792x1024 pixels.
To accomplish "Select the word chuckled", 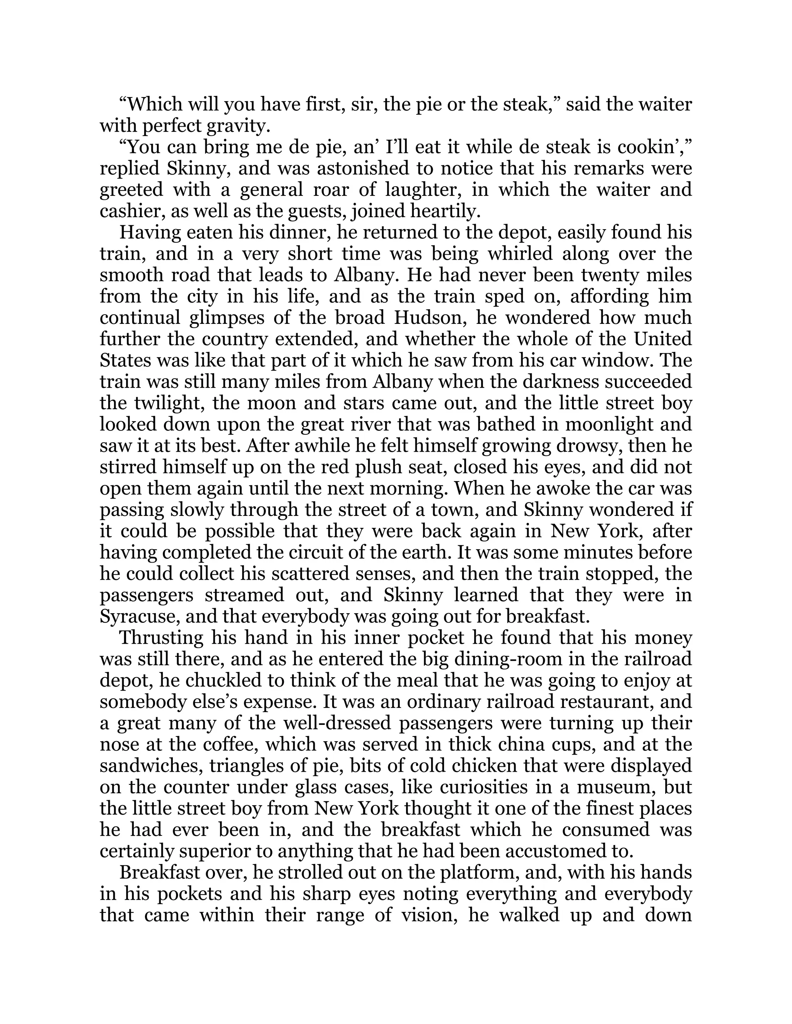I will [196, 681].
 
